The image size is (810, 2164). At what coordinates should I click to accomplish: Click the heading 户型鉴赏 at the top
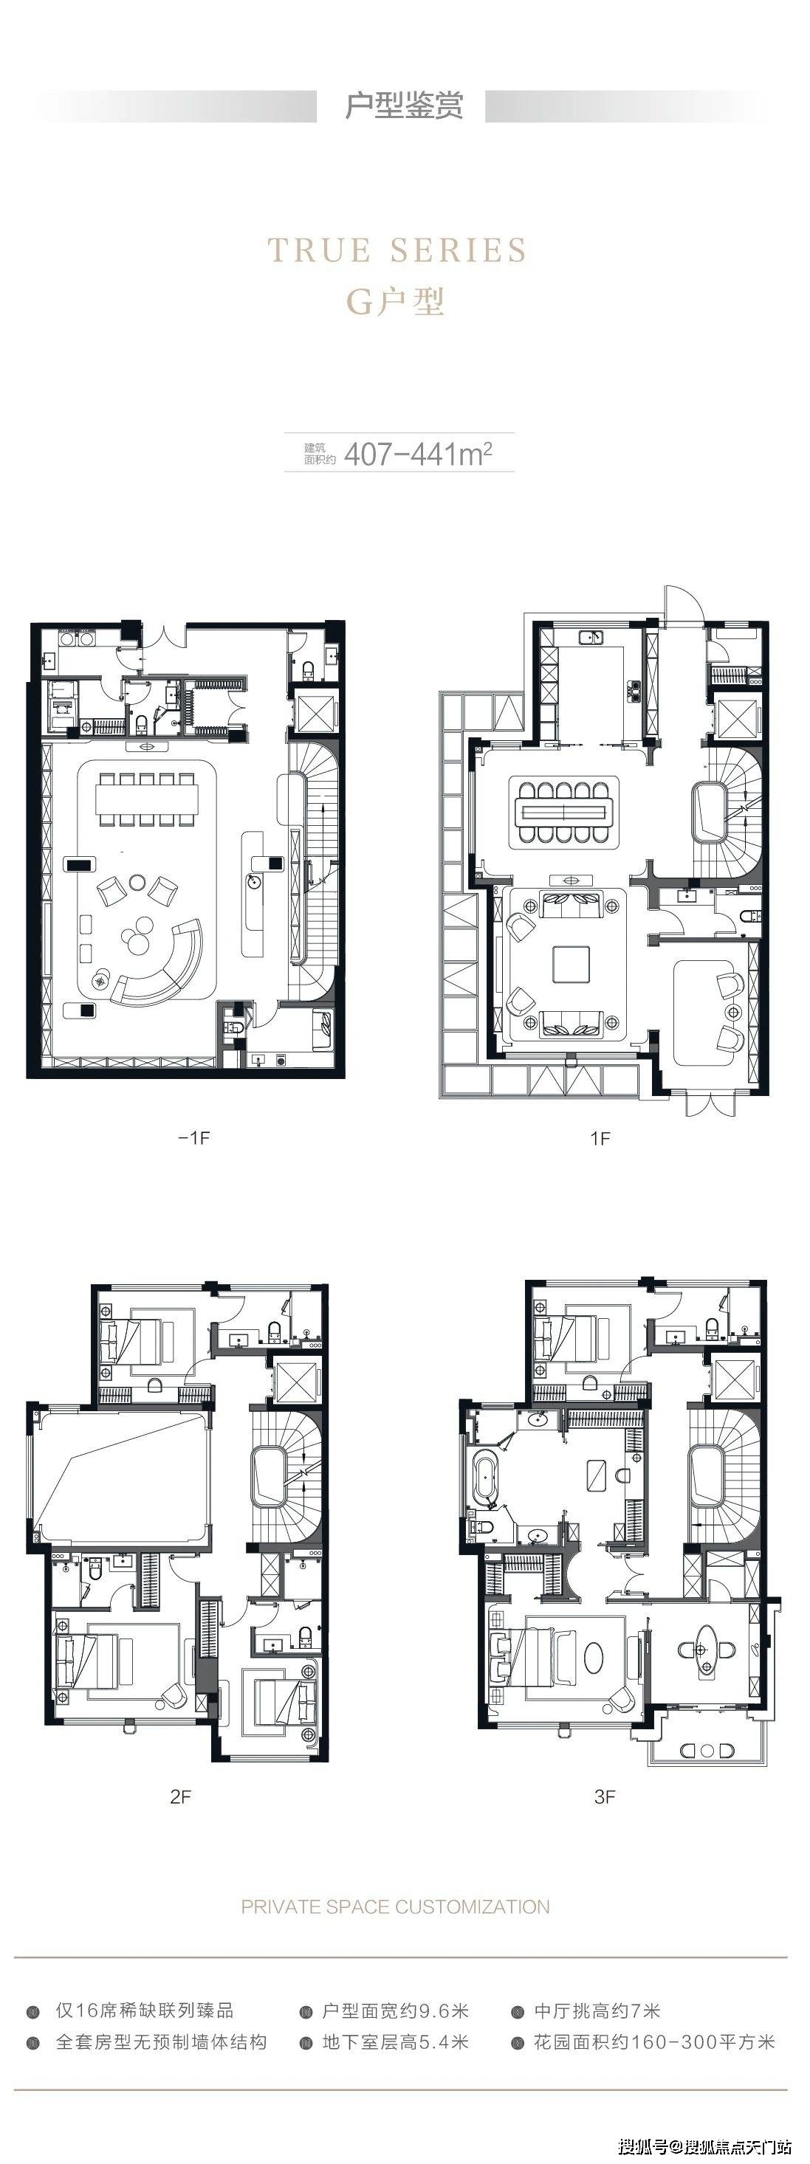click(404, 106)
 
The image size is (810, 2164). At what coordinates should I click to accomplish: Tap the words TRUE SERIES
click(397, 250)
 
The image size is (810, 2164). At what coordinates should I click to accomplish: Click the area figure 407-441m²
click(418, 454)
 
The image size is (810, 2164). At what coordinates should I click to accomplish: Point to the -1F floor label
click(193, 1137)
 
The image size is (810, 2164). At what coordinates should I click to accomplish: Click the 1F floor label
click(600, 1138)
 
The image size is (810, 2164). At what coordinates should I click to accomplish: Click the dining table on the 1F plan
click(563, 812)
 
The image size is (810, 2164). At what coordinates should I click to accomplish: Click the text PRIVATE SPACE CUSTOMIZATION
click(395, 1907)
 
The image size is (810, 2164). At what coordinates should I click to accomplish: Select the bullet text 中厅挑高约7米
click(597, 2010)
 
